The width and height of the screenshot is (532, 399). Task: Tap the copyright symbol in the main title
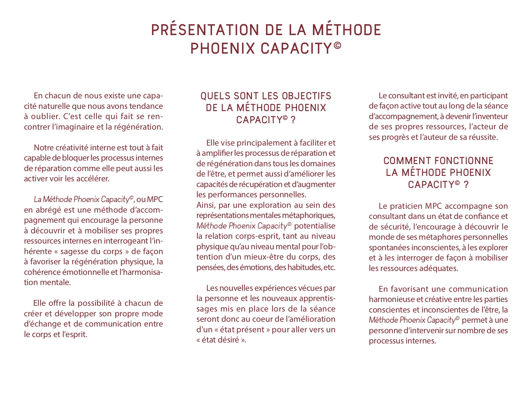tap(337, 45)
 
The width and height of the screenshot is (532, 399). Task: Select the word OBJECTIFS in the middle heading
tap(307, 96)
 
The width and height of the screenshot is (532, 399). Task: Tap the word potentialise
tap(315, 226)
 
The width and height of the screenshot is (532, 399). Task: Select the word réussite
tap(483, 137)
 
